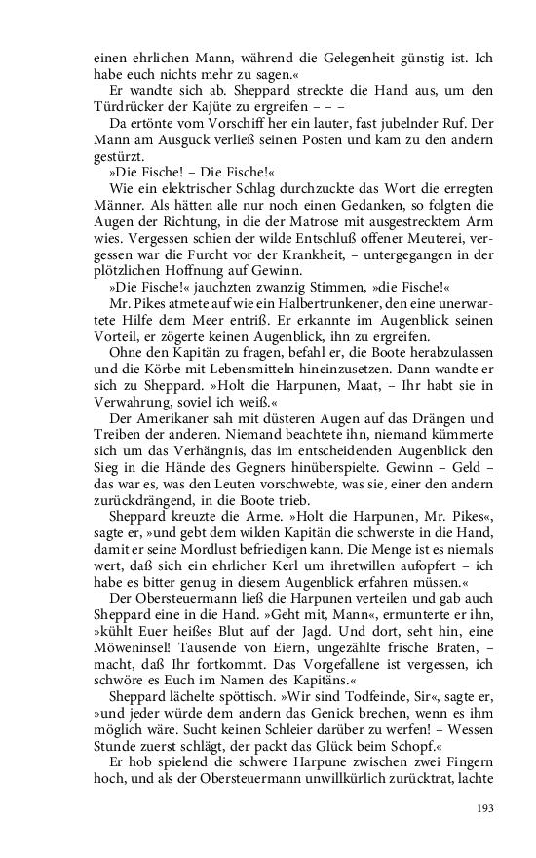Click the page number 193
pos(486,807)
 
